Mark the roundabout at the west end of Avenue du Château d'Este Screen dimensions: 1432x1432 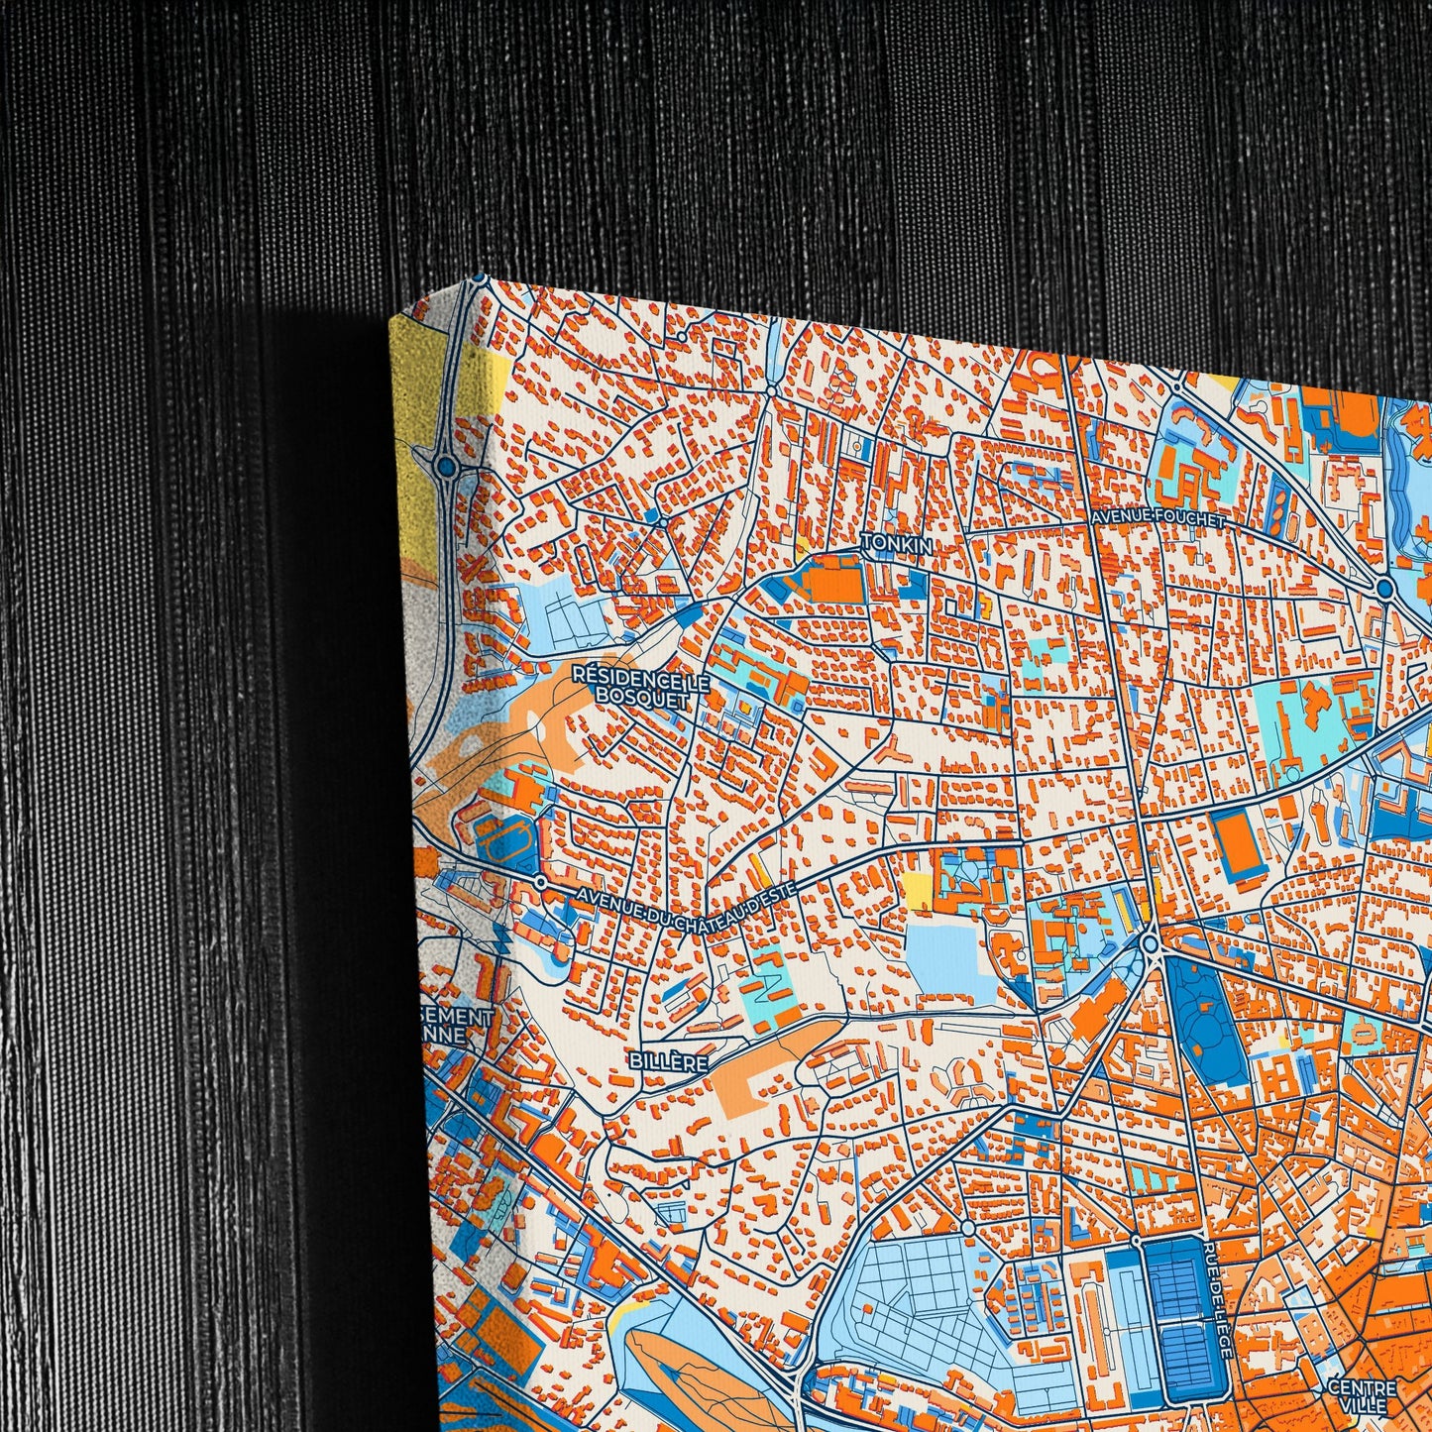pos(540,880)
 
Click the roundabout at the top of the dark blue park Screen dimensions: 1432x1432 pos(1151,943)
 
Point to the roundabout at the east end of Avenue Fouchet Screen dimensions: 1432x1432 pos(1386,591)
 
